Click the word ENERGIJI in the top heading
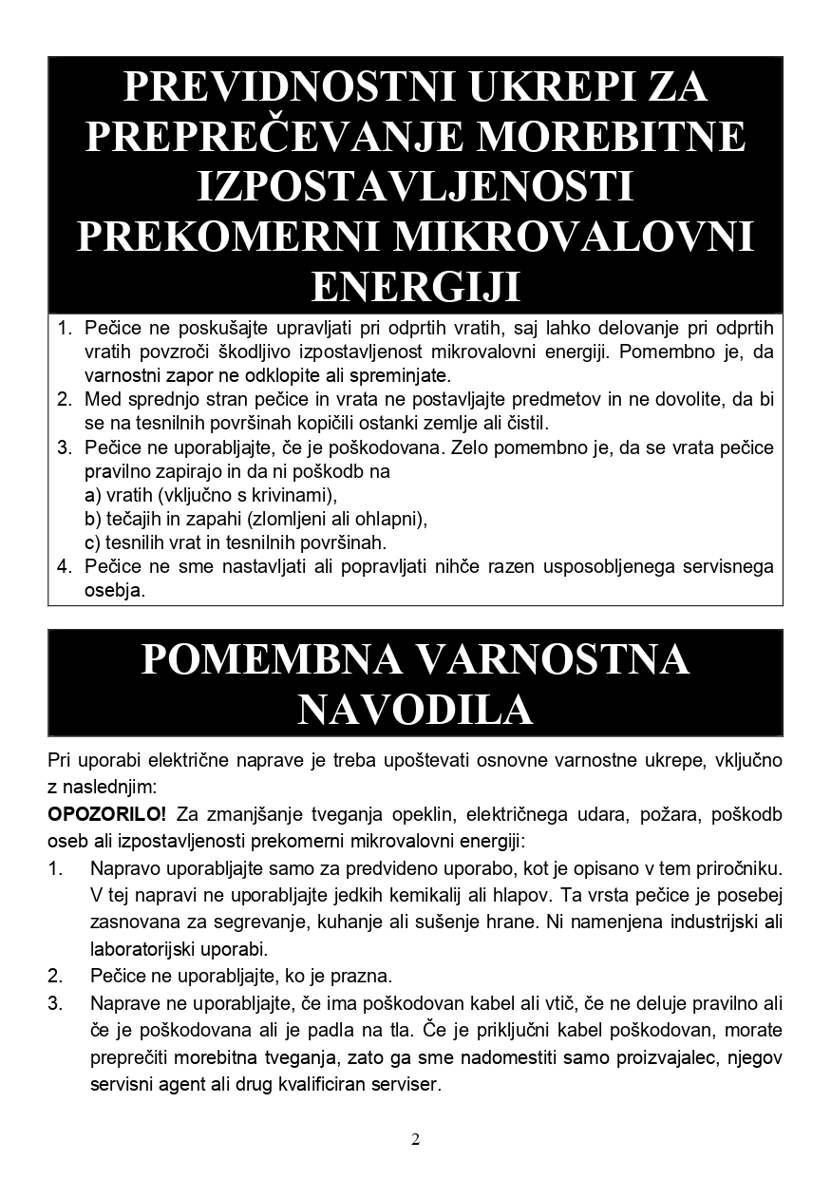(x=415, y=285)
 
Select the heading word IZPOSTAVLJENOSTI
(x=415, y=186)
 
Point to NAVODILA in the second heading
(x=415, y=709)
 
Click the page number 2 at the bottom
(x=415, y=1140)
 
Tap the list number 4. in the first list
(x=65, y=567)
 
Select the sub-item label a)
(x=92, y=495)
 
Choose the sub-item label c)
(x=92, y=542)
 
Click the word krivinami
(x=294, y=495)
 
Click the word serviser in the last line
(x=407, y=1084)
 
